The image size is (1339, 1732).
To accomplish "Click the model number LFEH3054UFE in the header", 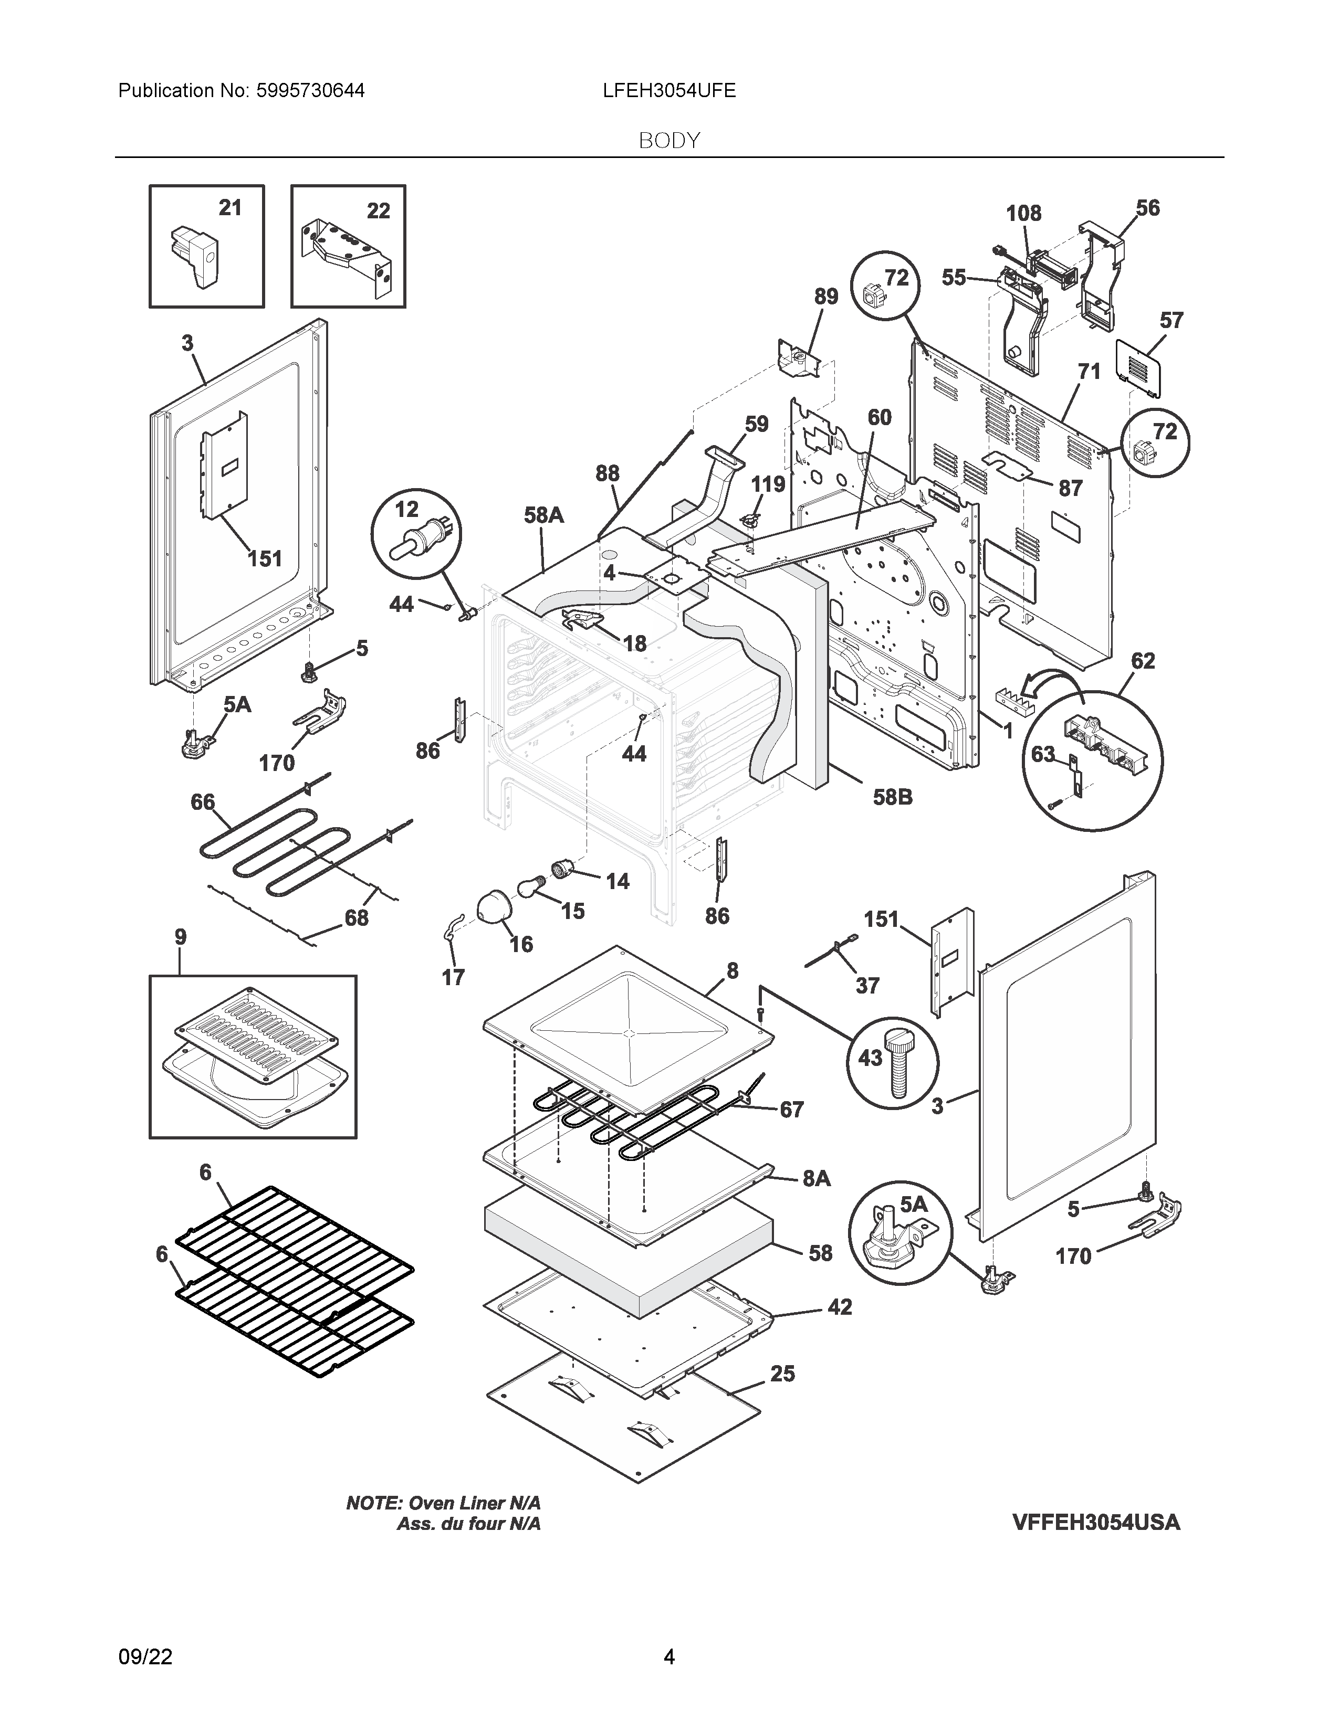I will coord(668,90).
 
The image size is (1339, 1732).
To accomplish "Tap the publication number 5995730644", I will coord(309,90).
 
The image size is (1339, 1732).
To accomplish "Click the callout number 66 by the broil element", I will coord(202,802).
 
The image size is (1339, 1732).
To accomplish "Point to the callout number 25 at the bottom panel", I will coord(782,1374).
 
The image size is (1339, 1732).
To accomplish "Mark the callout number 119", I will coord(767,484).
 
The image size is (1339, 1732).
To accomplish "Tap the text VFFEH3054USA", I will coord(1095,1522).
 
